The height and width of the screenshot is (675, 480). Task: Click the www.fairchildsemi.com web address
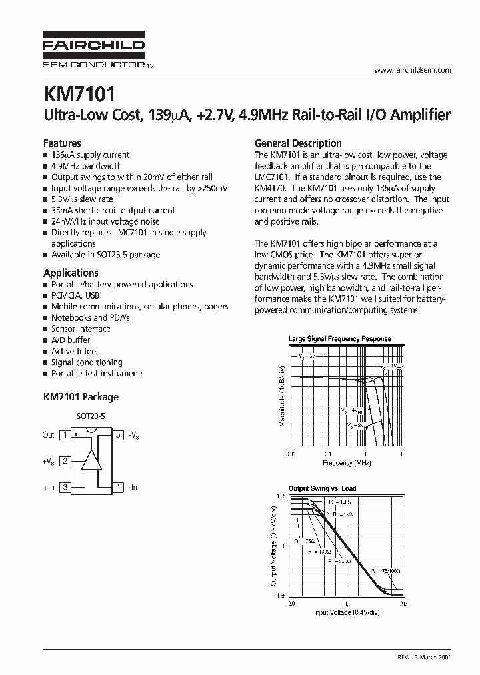[413, 70]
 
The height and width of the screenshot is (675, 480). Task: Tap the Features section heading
[62, 143]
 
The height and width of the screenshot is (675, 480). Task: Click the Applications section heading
[71, 273]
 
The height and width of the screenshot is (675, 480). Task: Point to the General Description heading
[298, 143]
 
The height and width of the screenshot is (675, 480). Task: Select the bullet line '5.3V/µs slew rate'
[81, 199]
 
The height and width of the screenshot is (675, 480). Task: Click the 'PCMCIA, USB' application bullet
[75, 295]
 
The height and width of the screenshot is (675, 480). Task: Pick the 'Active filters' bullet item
[74, 351]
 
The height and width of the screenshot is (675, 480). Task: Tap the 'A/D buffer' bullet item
[70, 340]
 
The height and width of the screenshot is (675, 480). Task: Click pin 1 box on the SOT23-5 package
[65, 435]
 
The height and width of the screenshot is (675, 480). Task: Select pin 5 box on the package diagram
[118, 435]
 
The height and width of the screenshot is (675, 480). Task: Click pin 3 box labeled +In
[65, 488]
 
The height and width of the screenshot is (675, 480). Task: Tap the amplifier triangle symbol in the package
[91, 460]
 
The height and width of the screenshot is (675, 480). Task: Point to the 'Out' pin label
[48, 435]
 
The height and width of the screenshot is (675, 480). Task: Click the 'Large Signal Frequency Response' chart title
[339, 339]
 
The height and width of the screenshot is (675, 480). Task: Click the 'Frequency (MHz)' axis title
[347, 462]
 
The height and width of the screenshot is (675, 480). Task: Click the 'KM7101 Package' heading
[81, 397]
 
